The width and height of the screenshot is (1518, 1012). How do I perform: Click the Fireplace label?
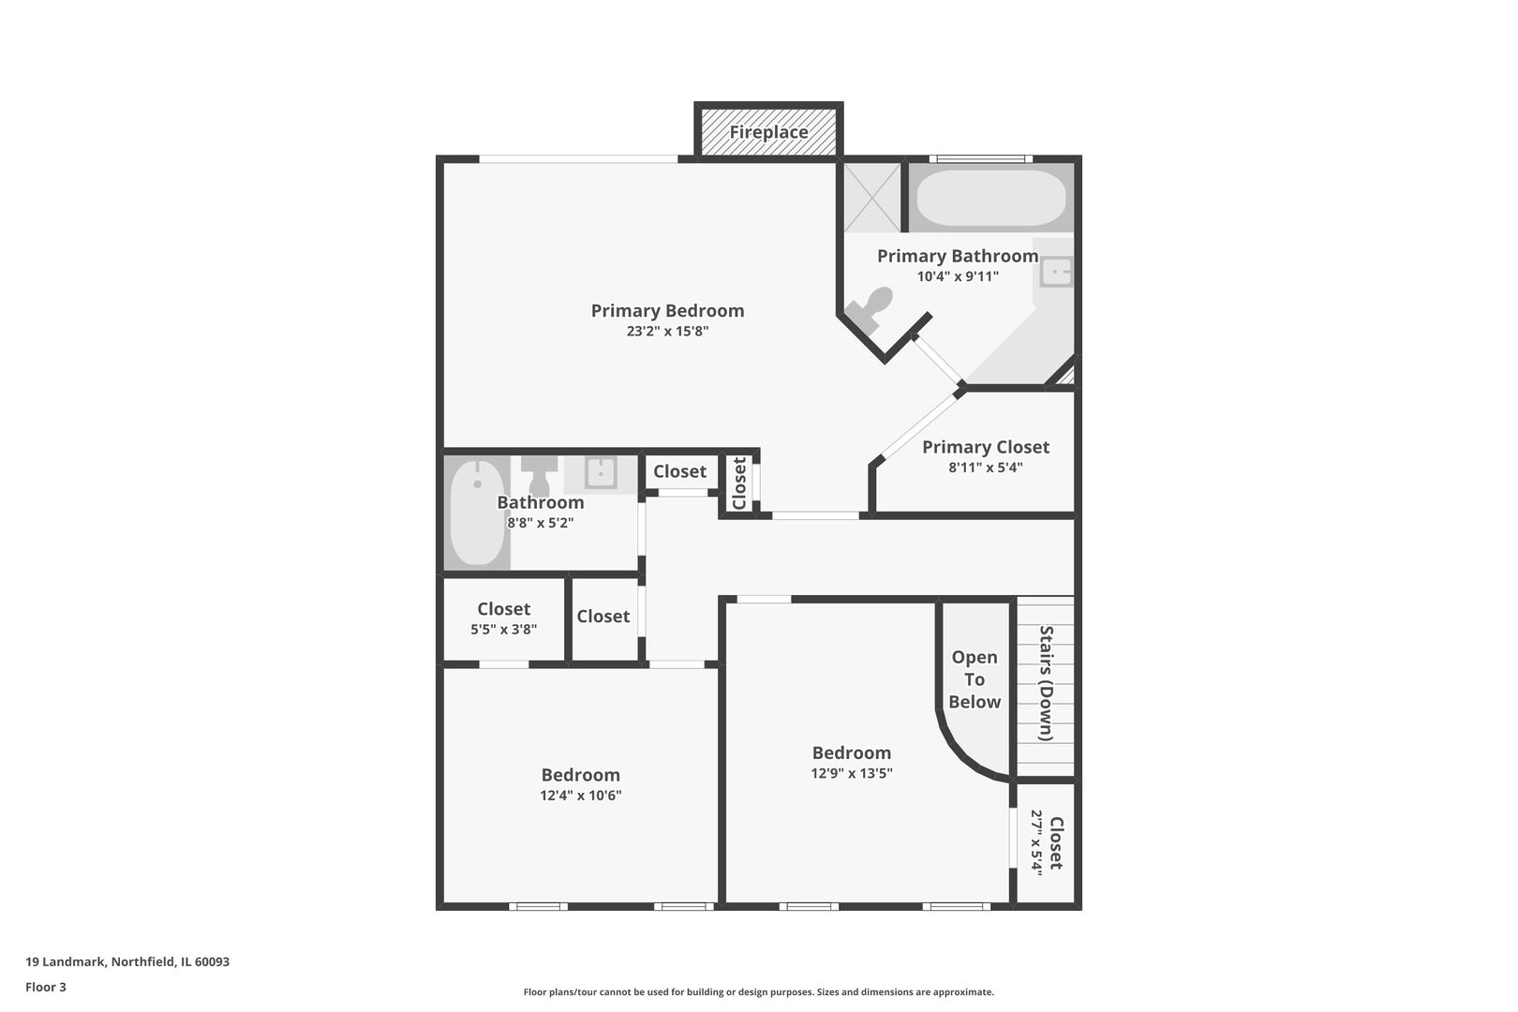[768, 132]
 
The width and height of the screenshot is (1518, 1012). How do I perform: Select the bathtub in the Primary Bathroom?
[990, 198]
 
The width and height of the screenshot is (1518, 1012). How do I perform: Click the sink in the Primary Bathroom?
[1056, 272]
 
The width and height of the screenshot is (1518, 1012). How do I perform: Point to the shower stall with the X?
[871, 198]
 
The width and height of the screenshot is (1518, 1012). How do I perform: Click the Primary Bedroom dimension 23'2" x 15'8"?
[667, 332]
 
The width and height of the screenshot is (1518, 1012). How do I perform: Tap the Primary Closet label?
[985, 447]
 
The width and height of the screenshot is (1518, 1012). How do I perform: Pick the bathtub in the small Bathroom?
[477, 512]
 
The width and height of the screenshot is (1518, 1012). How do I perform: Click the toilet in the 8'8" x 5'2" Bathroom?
[539, 475]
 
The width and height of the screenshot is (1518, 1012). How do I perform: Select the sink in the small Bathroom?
[600, 472]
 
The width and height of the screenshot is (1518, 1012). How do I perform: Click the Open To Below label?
[975, 679]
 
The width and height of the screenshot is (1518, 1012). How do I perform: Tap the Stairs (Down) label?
[1047, 683]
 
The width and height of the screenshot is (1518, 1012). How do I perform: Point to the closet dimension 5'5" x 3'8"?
[503, 630]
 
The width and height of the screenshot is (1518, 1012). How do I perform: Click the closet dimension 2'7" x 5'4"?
[1036, 841]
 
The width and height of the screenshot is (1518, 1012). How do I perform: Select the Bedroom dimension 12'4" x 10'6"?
[580, 796]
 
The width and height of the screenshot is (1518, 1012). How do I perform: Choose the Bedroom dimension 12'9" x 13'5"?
[851, 774]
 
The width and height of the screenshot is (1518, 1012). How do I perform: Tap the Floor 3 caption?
[46, 987]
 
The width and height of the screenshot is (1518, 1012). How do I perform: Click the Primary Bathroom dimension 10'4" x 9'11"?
[958, 276]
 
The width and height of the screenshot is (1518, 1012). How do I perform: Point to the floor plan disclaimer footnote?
[758, 991]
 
